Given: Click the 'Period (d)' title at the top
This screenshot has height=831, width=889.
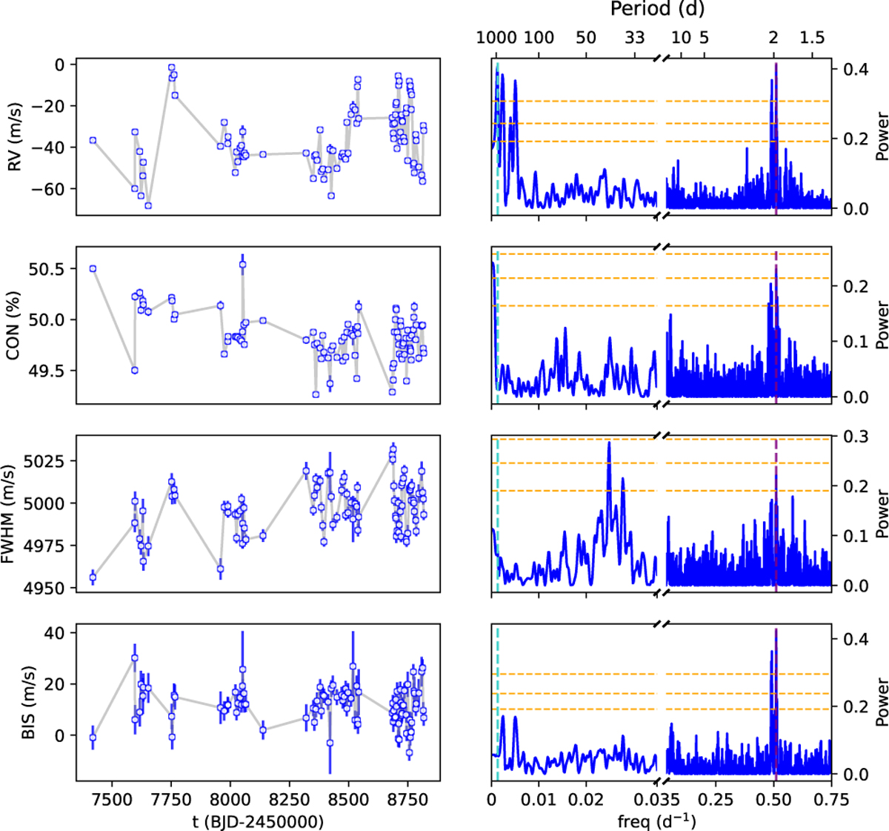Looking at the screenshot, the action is pyautogui.click(x=657, y=10).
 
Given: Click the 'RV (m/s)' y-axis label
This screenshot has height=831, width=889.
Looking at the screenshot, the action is pyautogui.click(x=14, y=137).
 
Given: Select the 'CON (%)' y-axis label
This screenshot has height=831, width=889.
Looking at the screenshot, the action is pyautogui.click(x=13, y=325).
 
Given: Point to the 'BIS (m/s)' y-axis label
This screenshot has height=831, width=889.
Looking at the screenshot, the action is pyautogui.click(x=27, y=702).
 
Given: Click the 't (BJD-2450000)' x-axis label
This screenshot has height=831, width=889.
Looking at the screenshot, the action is pyautogui.click(x=259, y=821).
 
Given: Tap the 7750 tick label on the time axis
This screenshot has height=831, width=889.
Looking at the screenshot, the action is pyautogui.click(x=171, y=799).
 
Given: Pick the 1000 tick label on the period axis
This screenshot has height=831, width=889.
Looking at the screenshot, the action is pyautogui.click(x=496, y=38).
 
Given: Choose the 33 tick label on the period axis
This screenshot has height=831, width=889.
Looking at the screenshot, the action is pyautogui.click(x=634, y=38).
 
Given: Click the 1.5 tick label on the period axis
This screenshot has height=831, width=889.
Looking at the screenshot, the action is pyautogui.click(x=812, y=38).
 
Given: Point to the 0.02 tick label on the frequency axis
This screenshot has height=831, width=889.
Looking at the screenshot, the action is pyautogui.click(x=586, y=799).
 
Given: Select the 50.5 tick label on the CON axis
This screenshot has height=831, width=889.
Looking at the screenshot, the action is pyautogui.click(x=47, y=269).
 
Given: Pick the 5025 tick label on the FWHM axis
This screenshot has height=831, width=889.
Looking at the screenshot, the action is pyautogui.click(x=44, y=461).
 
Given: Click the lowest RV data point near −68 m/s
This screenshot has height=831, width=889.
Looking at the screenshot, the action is pyautogui.click(x=148, y=205).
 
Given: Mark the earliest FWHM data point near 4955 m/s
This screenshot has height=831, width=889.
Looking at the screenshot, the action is pyautogui.click(x=93, y=577).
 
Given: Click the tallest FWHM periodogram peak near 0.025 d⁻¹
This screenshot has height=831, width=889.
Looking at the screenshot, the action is pyautogui.click(x=609, y=443).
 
